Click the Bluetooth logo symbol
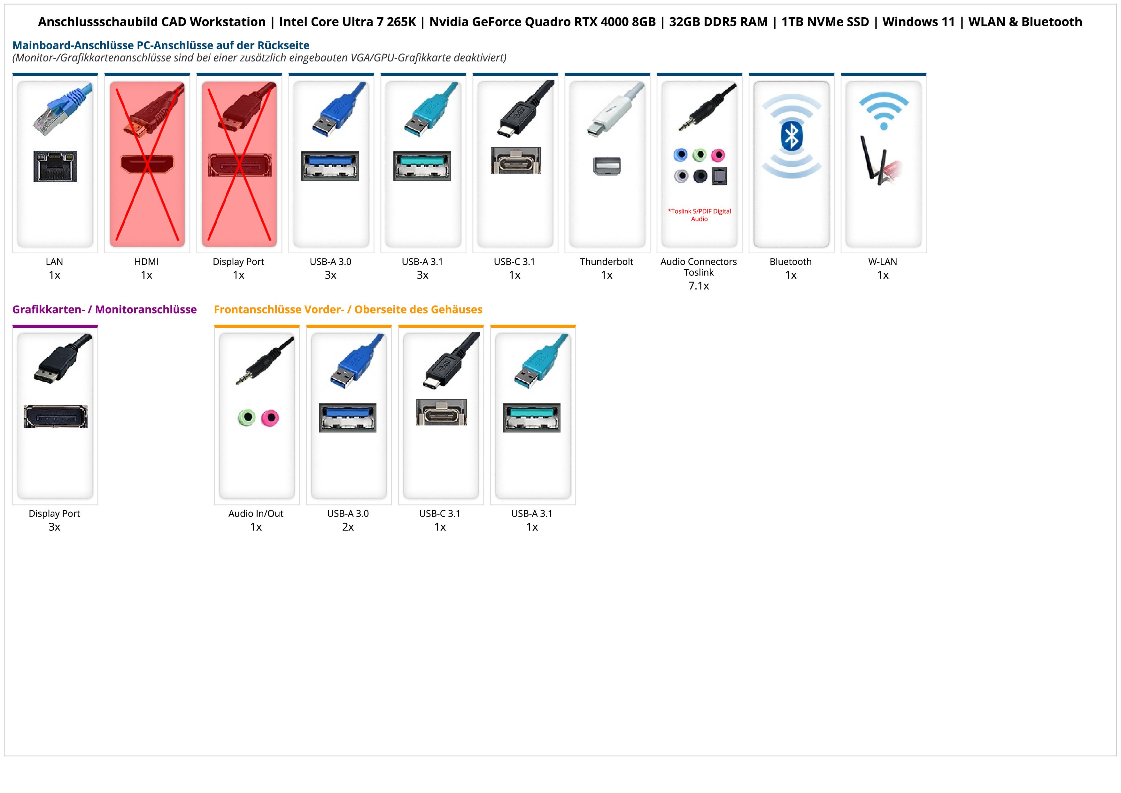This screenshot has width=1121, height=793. (792, 136)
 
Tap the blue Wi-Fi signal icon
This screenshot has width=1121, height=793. (883, 110)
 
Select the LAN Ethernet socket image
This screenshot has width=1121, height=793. (55, 166)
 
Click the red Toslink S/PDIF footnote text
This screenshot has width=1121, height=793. (699, 215)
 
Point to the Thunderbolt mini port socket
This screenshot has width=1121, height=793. (607, 166)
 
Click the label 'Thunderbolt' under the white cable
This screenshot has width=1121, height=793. (607, 261)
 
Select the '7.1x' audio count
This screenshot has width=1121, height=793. (699, 286)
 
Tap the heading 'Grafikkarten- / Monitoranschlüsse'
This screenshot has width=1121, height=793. (104, 309)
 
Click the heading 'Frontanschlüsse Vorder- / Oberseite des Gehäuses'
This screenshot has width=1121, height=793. (348, 309)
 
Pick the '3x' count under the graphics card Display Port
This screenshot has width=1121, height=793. (54, 527)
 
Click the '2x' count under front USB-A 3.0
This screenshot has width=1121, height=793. (348, 527)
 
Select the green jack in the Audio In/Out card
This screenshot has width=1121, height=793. (247, 418)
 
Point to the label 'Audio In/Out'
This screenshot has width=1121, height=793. (256, 513)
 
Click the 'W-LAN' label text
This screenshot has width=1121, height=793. (882, 261)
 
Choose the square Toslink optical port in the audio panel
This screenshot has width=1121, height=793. (719, 176)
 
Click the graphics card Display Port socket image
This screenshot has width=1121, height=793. (56, 417)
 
